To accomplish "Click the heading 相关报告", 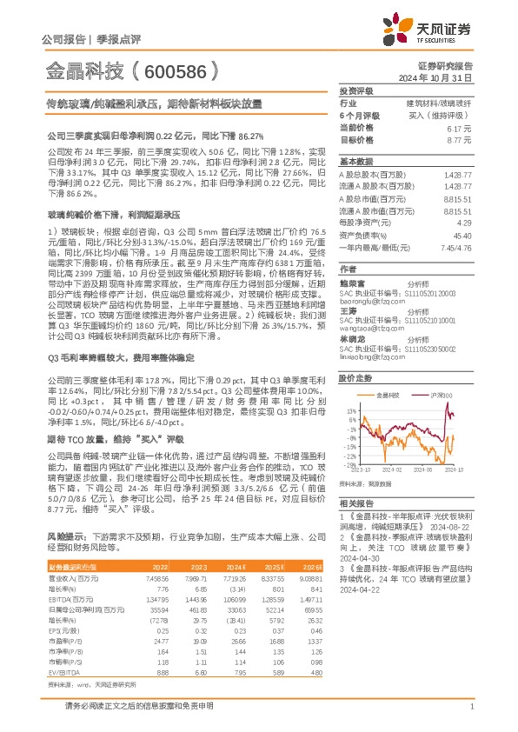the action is pos(355,503).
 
